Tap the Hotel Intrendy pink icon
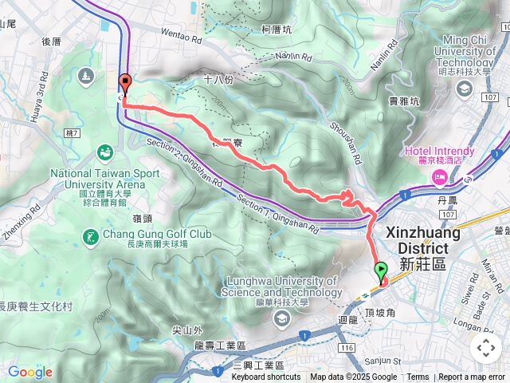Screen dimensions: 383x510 [x=438, y=174]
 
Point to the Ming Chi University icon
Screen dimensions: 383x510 [x=465, y=87]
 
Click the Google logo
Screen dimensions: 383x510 [x=29, y=372]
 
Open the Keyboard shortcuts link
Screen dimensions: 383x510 [x=265, y=377]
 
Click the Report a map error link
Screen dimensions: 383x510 [x=473, y=377]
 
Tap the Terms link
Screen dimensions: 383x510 [x=418, y=377]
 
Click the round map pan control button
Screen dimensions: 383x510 [x=485, y=347]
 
